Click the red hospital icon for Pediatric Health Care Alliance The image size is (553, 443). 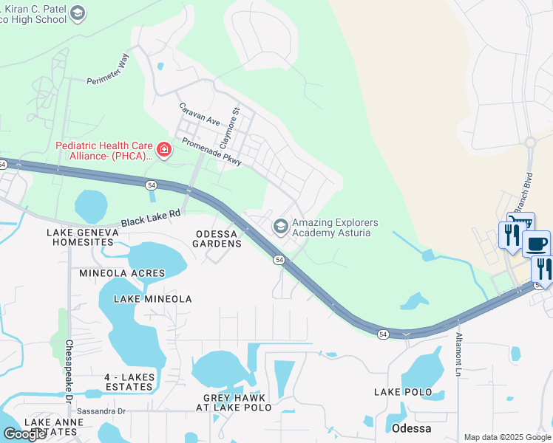[x=163, y=151]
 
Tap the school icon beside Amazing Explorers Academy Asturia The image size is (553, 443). [x=281, y=227]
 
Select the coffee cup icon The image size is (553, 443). [x=537, y=244]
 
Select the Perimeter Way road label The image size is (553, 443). [x=108, y=69]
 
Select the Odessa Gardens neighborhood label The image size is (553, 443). [x=218, y=238]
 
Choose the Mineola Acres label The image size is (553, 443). [x=123, y=273]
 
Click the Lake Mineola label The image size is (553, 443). [x=152, y=299]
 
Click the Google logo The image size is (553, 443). [x=24, y=433]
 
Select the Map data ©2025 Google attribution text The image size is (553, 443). [x=507, y=437]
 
